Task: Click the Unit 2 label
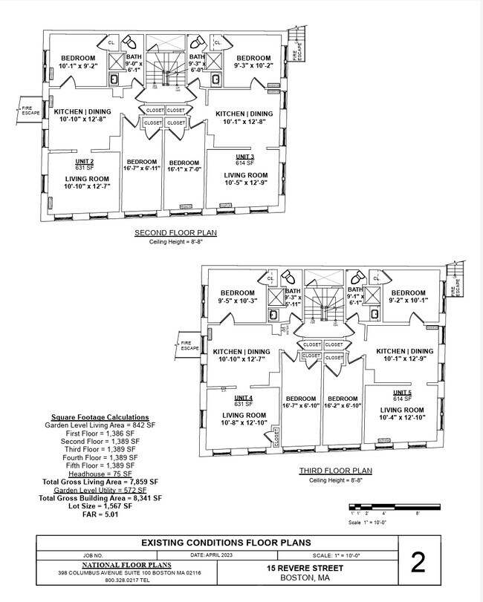[84, 161]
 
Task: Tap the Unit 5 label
[402, 392]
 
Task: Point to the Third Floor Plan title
[336, 471]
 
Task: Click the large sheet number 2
[418, 563]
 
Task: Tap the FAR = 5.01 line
[100, 513]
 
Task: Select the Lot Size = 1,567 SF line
[100, 506]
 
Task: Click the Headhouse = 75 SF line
[100, 474]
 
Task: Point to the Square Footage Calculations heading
[100, 417]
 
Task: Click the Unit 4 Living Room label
[244, 415]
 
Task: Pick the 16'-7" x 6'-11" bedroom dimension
[142, 169]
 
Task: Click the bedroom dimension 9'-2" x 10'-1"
[408, 301]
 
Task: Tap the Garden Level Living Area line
[100, 425]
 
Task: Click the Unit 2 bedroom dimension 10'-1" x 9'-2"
[78, 67]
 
